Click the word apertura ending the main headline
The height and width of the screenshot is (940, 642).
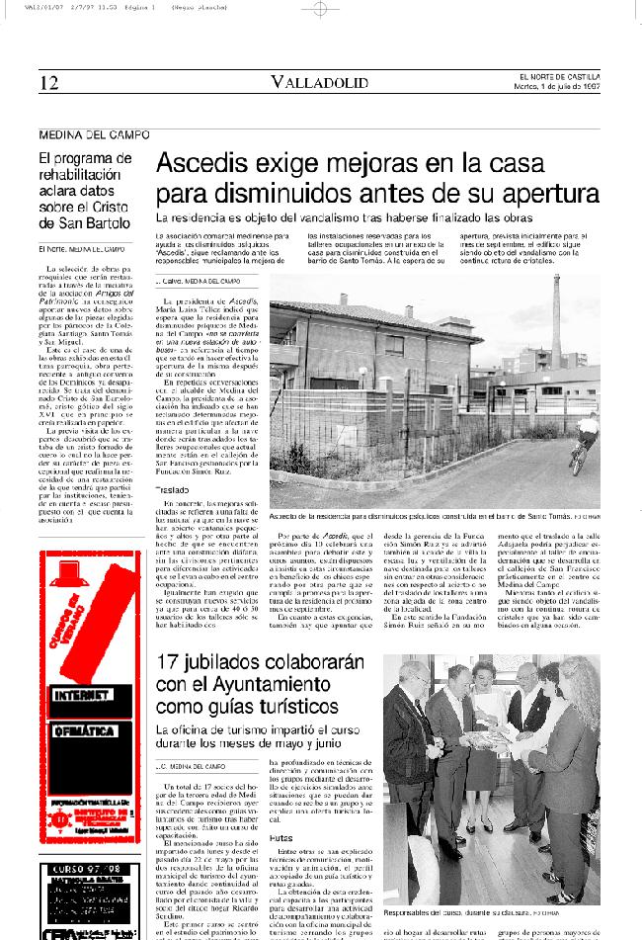[x=547, y=192]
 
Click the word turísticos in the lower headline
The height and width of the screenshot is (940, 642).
[x=281, y=704]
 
